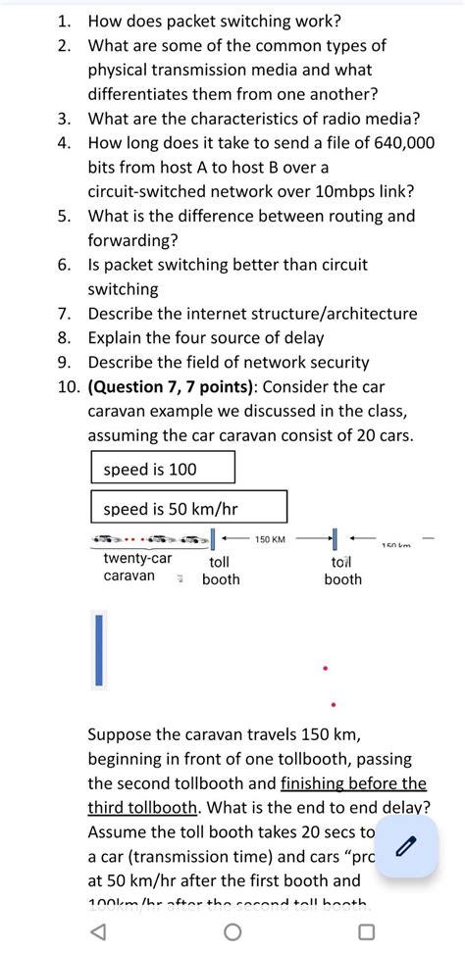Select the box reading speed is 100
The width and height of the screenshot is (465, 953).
pyautogui.click(x=163, y=469)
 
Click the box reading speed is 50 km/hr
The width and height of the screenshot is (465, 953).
pyautogui.click(x=188, y=508)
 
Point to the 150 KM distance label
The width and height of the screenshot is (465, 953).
pyautogui.click(x=270, y=539)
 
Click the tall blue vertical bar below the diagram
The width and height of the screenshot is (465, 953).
pyautogui.click(x=98, y=649)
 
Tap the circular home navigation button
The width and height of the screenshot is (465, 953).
pyautogui.click(x=232, y=930)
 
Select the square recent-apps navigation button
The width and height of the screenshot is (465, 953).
pyautogui.click(x=366, y=930)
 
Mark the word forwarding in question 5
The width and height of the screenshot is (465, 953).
pyautogui.click(x=131, y=240)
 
